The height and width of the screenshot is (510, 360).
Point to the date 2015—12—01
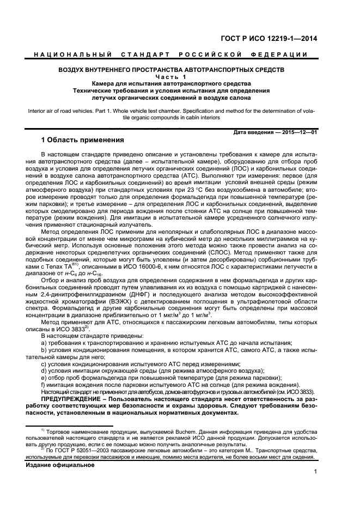[x=298, y=132]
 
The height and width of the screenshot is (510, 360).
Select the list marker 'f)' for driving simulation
[x=44, y=384]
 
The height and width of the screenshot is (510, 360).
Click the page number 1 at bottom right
[x=315, y=473]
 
